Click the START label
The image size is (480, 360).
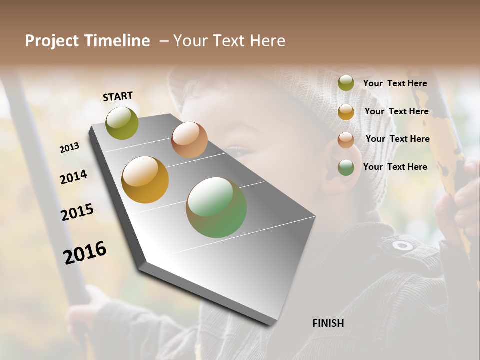(x=118, y=96)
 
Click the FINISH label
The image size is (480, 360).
(x=328, y=323)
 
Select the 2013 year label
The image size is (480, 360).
(x=70, y=147)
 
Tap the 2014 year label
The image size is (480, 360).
(x=74, y=177)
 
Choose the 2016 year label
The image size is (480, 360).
(x=85, y=252)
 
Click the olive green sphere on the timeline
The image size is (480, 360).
(x=122, y=123)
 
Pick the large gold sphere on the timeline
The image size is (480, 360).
(x=145, y=180)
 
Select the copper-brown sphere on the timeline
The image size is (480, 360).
(x=189, y=140)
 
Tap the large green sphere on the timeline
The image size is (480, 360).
(x=216, y=207)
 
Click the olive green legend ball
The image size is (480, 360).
(x=346, y=83)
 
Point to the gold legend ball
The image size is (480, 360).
(x=346, y=112)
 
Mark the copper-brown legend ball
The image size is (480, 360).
(x=346, y=139)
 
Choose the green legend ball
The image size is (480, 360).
(x=346, y=167)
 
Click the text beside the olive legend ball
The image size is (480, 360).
(x=395, y=83)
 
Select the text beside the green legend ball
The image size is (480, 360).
(x=395, y=167)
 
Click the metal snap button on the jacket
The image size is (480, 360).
(x=402, y=245)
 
